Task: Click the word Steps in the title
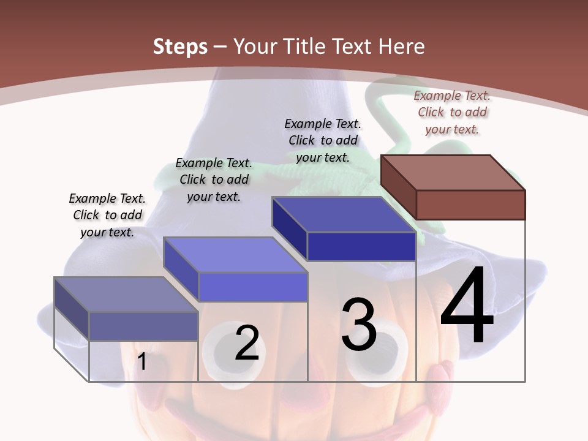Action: (179, 47)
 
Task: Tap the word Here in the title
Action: (402, 47)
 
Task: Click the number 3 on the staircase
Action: (359, 325)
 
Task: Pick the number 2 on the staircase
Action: (247, 343)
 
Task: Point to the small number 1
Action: (141, 362)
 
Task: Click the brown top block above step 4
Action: (453, 187)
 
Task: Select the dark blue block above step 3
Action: (344, 229)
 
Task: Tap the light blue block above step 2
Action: (236, 269)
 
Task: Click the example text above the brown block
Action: (452, 112)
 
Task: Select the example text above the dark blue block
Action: (323, 140)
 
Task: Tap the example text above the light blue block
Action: (214, 179)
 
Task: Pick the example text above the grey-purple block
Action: (107, 215)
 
